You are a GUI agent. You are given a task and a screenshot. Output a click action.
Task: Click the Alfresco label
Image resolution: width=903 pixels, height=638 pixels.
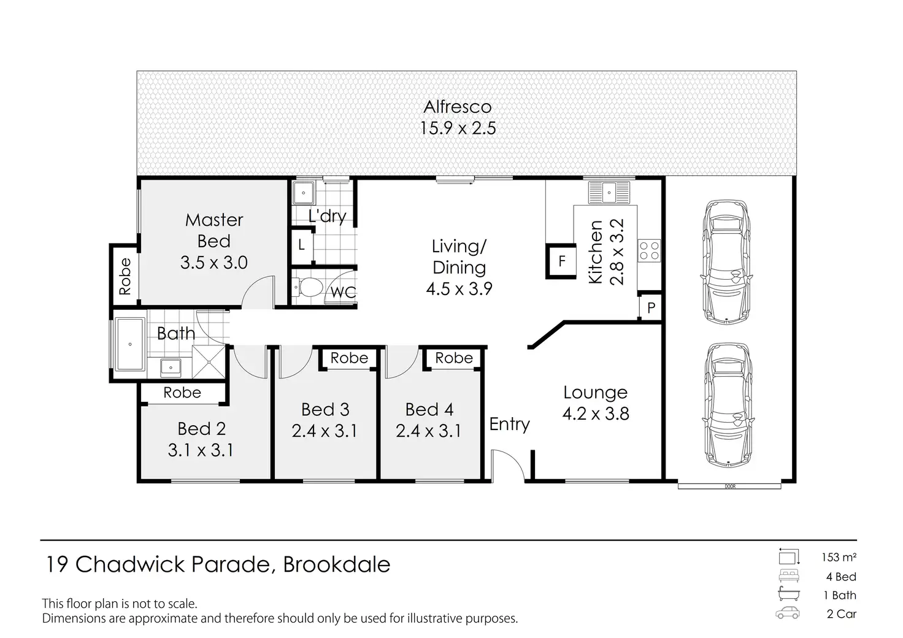(458, 107)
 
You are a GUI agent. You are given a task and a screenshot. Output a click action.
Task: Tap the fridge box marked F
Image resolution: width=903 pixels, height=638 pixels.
(561, 261)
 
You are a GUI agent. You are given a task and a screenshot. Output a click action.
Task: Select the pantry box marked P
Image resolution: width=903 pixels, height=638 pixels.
(651, 307)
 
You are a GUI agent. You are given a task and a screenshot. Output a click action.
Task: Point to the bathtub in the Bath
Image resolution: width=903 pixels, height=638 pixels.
(130, 344)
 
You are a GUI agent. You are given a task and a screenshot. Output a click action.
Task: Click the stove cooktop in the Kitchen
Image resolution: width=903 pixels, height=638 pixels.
(649, 250)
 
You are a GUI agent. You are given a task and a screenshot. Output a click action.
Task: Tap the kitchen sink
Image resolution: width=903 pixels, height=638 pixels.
(609, 192)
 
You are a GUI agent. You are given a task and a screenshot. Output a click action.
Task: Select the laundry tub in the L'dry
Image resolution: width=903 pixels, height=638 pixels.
(303, 193)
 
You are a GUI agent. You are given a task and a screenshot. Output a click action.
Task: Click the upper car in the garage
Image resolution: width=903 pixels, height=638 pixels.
(726, 261)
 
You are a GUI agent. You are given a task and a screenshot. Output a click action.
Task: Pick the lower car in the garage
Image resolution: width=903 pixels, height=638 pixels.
(728, 405)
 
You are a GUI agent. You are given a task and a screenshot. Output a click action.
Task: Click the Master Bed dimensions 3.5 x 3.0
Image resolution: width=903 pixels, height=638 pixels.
(213, 263)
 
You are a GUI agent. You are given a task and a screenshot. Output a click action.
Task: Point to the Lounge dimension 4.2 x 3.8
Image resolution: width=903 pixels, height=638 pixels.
(596, 414)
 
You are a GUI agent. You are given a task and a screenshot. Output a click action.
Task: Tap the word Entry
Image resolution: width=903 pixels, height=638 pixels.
(510, 424)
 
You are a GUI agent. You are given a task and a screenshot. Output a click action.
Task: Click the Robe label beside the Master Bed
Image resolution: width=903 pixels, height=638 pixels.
(125, 277)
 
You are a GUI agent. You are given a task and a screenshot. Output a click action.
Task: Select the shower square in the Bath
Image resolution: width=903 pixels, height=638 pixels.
(209, 363)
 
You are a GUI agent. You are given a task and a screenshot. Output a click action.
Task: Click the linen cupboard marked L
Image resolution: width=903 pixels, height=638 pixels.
(302, 245)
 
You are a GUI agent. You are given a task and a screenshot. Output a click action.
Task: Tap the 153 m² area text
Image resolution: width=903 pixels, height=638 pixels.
(839, 558)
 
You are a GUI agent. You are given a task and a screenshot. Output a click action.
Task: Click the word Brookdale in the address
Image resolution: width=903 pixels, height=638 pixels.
(337, 564)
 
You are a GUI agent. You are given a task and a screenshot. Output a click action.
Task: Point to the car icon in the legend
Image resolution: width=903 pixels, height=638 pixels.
(787, 613)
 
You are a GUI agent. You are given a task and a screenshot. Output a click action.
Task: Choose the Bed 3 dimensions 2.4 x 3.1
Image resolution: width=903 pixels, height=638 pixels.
(324, 431)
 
